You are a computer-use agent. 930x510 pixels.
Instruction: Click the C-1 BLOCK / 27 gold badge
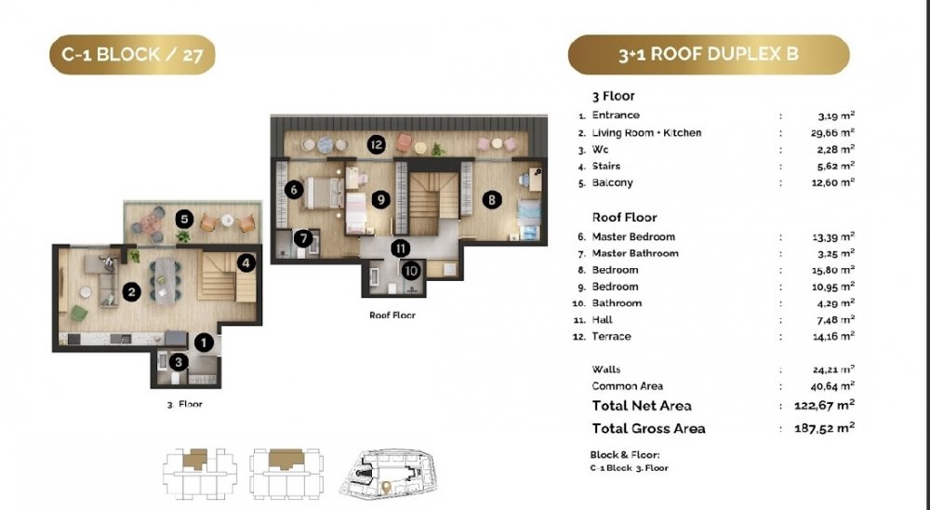coord(132,55)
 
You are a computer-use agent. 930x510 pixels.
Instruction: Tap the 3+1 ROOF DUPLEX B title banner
coord(709,55)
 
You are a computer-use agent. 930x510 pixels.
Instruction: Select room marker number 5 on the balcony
coord(184,219)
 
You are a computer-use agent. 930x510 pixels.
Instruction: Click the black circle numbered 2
coord(132,291)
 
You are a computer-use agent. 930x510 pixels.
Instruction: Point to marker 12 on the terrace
coord(376,144)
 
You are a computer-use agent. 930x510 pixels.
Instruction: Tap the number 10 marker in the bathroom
coord(411,272)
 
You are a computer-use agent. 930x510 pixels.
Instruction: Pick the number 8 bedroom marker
coord(492,200)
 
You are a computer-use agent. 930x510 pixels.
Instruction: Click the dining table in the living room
coord(166,280)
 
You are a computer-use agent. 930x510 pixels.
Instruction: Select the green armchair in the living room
coord(79,313)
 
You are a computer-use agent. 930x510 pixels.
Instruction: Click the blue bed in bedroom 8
coord(528,219)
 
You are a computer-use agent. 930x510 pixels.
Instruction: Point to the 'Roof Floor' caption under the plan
coord(392,315)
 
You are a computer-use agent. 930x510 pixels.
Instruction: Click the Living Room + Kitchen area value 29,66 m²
coord(832,132)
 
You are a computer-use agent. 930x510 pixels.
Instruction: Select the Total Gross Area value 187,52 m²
coord(824,428)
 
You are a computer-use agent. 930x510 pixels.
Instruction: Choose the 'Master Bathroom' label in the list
coord(635,253)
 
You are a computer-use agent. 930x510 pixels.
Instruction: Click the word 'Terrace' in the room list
coord(612,337)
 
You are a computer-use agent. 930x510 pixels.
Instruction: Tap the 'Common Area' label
coord(628,386)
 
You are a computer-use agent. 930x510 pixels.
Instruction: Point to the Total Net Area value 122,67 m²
coord(824,406)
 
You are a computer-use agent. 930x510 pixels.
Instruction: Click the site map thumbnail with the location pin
coord(388,473)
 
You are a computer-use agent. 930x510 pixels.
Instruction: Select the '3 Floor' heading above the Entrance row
coord(613,96)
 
